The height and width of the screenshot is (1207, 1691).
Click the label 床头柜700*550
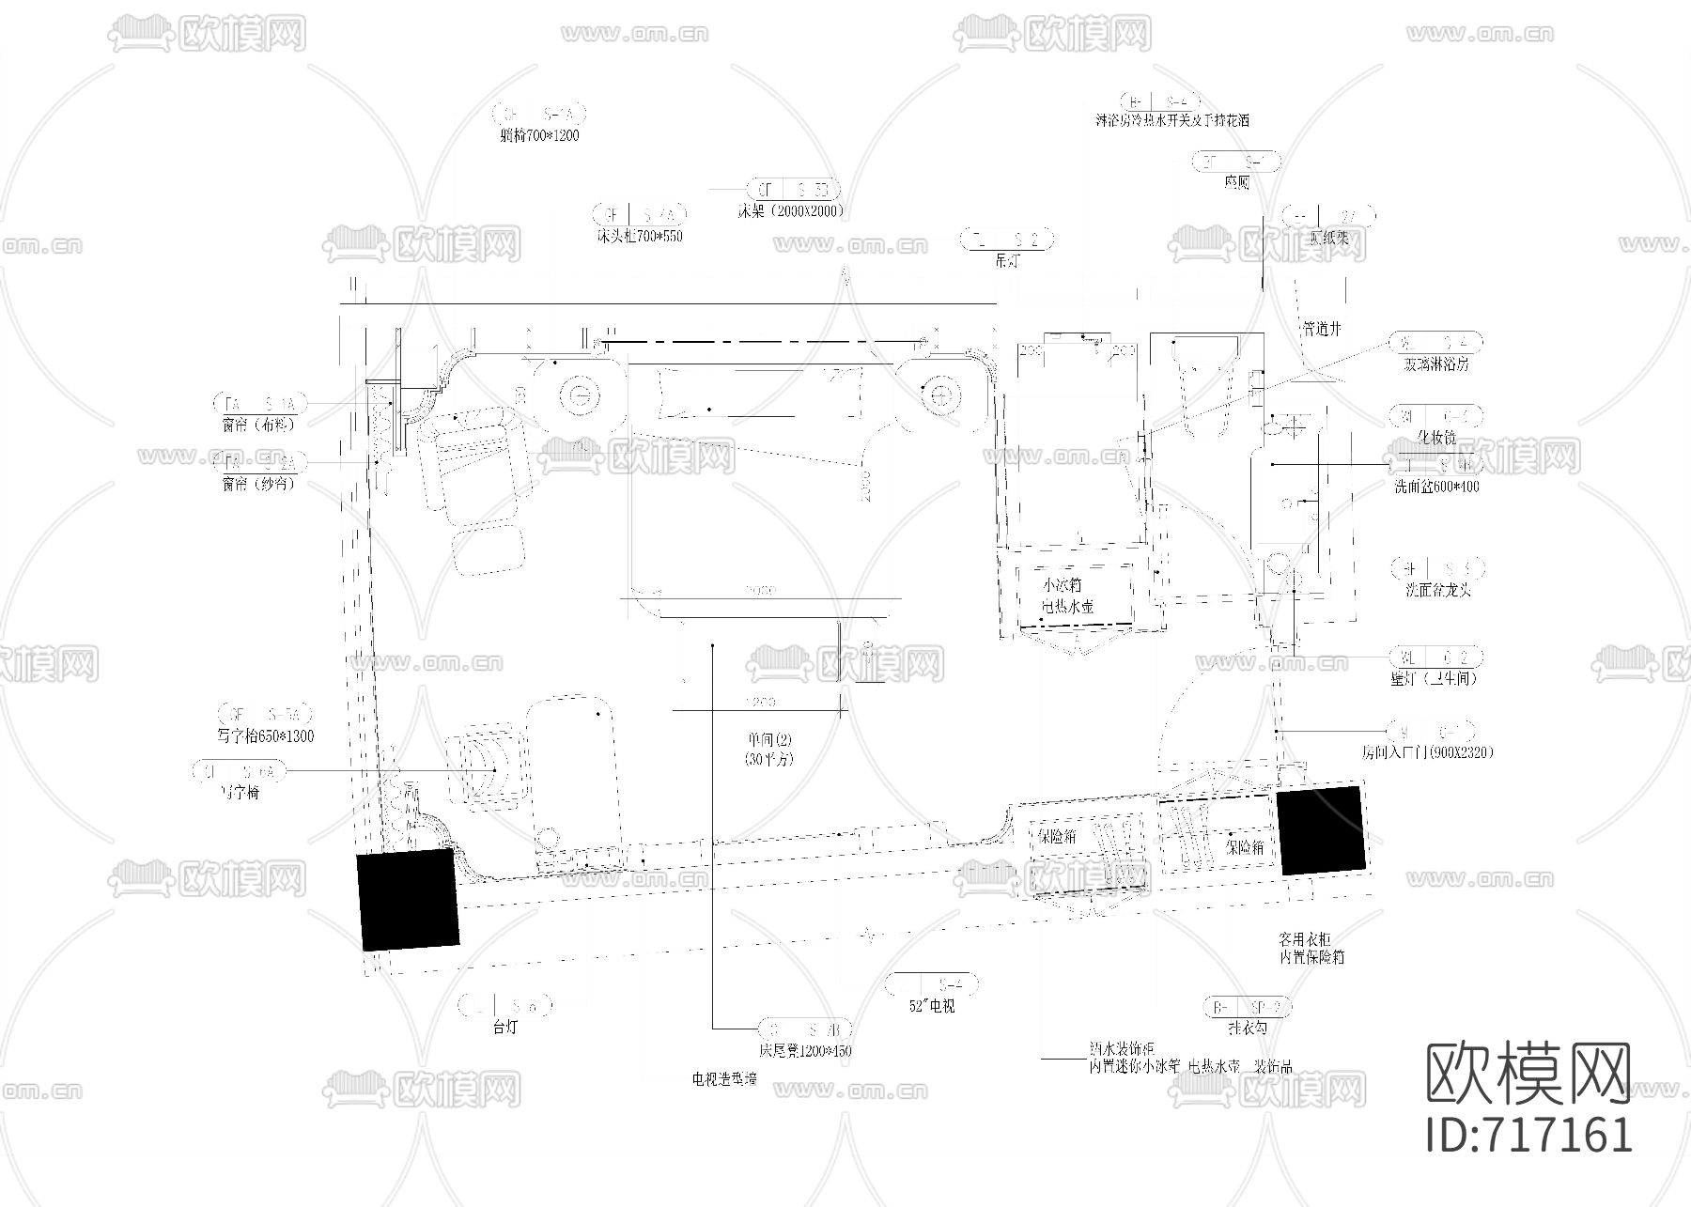[639, 236]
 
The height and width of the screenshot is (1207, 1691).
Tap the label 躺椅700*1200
[539, 135]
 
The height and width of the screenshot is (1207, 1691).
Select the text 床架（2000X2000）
[790, 211]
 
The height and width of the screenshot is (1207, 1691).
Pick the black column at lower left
[408, 899]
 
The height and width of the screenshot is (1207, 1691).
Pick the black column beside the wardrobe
[1320, 831]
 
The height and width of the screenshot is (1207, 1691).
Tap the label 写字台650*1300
[265, 736]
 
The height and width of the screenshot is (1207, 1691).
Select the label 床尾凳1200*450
[805, 1051]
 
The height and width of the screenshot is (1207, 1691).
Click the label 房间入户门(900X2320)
[1427, 752]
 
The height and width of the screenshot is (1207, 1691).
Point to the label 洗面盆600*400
[1436, 487]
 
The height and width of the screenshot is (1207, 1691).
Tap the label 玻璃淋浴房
[1436, 364]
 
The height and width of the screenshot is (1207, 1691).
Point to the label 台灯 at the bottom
[505, 1028]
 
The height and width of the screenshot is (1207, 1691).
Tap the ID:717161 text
[1528, 1134]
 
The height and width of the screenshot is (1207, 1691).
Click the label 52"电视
[932, 1006]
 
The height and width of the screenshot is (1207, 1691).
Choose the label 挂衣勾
[1247, 1029]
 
